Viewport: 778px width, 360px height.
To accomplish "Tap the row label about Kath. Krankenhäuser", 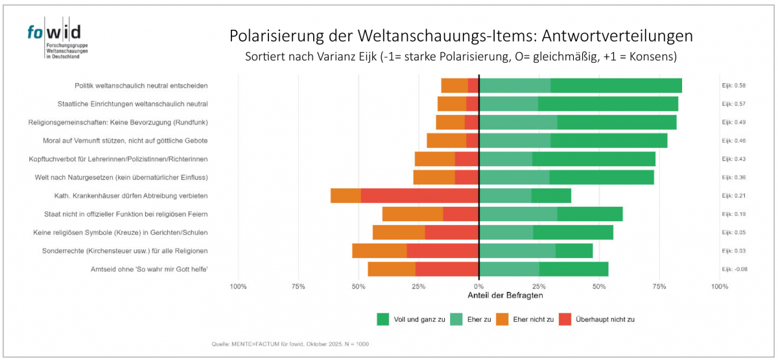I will coord(131,196).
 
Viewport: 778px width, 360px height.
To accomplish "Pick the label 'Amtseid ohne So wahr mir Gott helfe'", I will coord(149,269).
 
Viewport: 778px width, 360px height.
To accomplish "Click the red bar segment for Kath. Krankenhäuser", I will coord(419,196).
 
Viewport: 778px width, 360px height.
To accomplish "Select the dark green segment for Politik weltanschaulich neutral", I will coord(616,86).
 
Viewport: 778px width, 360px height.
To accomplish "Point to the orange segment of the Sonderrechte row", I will coord(379,251).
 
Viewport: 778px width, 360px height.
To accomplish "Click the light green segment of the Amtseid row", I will coord(509,269).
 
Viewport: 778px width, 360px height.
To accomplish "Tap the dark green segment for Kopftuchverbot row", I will coord(593,159).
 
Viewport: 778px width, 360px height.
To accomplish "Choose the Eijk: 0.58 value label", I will coord(734,86).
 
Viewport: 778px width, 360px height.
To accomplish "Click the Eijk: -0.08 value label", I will coord(735,269).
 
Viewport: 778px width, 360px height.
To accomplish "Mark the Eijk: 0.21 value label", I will coord(734,196).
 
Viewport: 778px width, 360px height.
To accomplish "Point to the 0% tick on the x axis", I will coord(478,286).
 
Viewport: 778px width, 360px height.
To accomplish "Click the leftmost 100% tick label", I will coord(238,286).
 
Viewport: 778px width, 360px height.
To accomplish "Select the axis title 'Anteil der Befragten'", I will coord(505,296).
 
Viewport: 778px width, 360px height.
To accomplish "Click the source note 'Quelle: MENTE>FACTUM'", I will coord(290,344).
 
